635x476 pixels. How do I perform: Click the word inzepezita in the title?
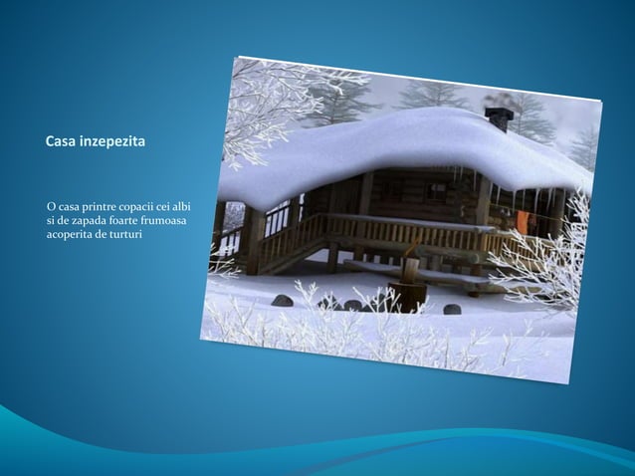pos(115,144)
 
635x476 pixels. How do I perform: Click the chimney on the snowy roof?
pos(500,119)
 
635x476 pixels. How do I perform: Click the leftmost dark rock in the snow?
pos(283,300)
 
